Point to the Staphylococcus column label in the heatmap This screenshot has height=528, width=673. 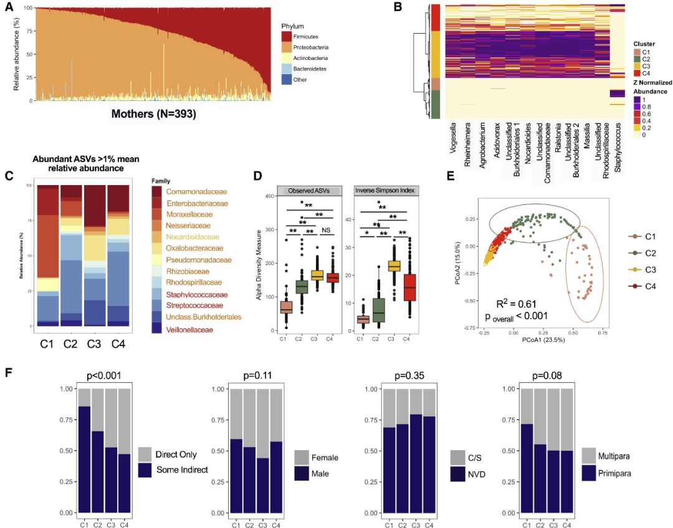point(617,146)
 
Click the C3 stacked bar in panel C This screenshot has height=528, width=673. point(95,256)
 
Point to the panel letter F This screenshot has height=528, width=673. point(9,373)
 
